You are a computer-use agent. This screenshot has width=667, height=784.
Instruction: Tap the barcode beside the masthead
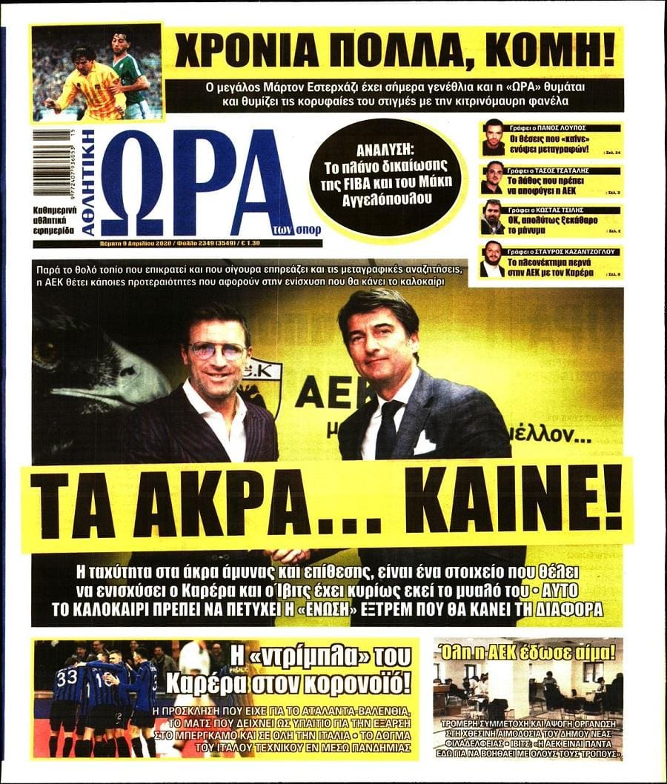[x=51, y=164]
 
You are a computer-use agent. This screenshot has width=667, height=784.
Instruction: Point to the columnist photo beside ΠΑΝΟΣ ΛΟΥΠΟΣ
[x=493, y=137]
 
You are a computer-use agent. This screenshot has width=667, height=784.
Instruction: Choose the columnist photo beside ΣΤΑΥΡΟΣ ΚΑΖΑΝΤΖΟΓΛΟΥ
[x=493, y=259]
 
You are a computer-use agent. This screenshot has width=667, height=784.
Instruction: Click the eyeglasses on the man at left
[x=217, y=351]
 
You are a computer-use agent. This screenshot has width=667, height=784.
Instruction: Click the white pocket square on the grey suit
[x=424, y=443]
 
